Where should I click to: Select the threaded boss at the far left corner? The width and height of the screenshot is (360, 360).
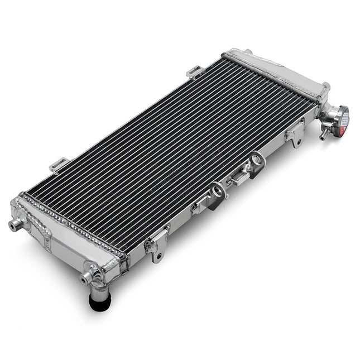(15, 224)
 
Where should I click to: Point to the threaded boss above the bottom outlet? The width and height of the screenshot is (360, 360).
(88, 278)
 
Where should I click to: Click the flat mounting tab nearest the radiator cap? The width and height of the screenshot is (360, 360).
(294, 135)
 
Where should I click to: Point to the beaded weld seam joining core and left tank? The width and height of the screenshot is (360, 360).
(73, 223)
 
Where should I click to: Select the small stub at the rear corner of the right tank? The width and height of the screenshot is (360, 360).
(247, 52)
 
